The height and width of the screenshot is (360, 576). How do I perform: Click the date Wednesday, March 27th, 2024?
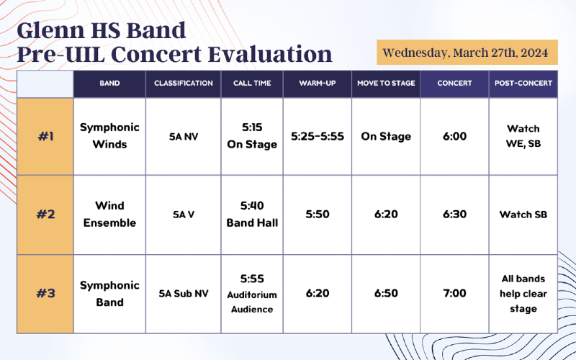click(x=465, y=53)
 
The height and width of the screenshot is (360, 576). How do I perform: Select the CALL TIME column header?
click(x=252, y=84)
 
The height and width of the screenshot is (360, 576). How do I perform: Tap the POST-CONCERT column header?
click(x=523, y=84)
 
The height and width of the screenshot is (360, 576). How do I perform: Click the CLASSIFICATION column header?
click(x=184, y=84)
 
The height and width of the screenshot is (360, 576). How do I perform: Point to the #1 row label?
click(x=45, y=136)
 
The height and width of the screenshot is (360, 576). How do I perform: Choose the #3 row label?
click(x=45, y=293)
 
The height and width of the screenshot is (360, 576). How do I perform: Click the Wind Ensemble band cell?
click(x=109, y=214)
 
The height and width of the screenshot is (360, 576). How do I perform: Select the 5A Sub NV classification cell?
click(x=184, y=294)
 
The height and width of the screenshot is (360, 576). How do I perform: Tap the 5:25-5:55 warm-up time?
click(x=318, y=136)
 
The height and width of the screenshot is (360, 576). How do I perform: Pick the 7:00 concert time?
click(x=454, y=293)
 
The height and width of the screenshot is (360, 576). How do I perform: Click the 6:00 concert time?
click(x=454, y=136)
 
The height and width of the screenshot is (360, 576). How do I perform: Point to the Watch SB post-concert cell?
click(x=523, y=215)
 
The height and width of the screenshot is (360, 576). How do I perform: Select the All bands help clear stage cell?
click(x=523, y=294)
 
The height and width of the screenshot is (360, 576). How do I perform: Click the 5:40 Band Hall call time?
click(x=252, y=214)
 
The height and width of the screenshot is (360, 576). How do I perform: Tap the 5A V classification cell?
click(x=184, y=215)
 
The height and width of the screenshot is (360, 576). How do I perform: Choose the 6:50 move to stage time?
click(x=386, y=293)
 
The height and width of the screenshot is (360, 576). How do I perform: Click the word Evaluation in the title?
click(x=270, y=55)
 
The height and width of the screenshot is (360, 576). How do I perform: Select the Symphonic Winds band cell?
click(x=109, y=136)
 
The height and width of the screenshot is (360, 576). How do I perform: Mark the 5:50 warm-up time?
click(x=318, y=214)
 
